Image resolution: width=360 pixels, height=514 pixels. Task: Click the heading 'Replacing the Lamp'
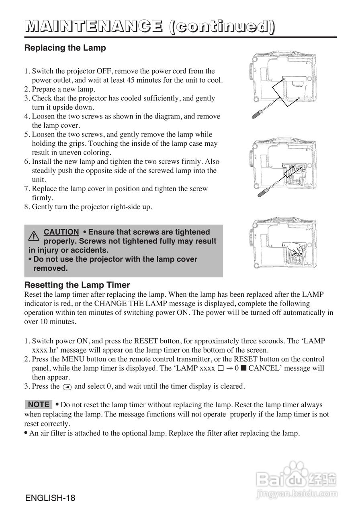pyautogui.click(x=65, y=48)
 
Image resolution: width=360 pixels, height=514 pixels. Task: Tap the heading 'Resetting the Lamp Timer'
pyautogui.click(x=77, y=285)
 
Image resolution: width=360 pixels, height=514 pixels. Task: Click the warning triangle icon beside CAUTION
pyautogui.click(x=34, y=236)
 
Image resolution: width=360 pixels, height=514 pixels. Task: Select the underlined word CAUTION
pyautogui.click(x=61, y=232)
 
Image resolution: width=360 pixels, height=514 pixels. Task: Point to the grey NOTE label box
pyautogui.click(x=39, y=404)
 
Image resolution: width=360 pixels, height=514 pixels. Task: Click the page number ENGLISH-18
pyautogui.click(x=50, y=498)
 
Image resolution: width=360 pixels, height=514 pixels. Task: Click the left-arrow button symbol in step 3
pyautogui.click(x=67, y=387)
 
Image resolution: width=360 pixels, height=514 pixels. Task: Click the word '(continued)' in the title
pyautogui.click(x=222, y=27)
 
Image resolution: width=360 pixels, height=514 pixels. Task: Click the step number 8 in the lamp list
pyautogui.click(x=27, y=207)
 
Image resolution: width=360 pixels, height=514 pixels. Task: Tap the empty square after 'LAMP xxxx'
pyautogui.click(x=220, y=369)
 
